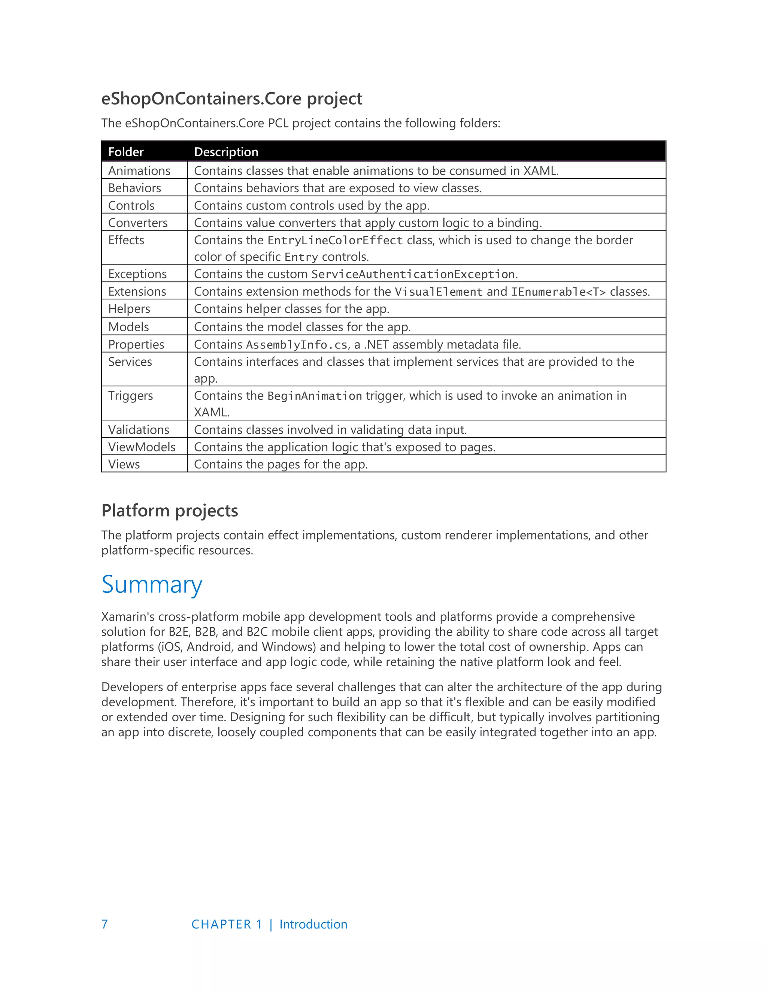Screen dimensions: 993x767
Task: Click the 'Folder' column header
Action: tap(126, 152)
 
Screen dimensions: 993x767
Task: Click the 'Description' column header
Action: tap(226, 152)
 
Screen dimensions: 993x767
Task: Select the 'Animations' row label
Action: tap(139, 170)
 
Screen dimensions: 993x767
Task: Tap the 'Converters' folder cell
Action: tap(138, 223)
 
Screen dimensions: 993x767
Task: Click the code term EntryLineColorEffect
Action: tap(335, 240)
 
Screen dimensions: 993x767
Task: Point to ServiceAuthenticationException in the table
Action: tap(413, 274)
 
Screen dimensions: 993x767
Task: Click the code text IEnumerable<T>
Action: tap(558, 292)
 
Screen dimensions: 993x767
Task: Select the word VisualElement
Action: tap(439, 292)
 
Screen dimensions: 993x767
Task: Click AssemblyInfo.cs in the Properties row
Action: tap(297, 345)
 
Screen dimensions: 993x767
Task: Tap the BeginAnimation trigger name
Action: tap(315, 396)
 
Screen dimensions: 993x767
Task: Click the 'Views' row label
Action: tap(124, 464)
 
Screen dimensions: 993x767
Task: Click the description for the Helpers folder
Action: tap(291, 309)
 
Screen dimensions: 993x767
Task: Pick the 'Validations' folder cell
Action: tap(139, 430)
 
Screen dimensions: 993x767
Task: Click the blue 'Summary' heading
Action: tap(152, 585)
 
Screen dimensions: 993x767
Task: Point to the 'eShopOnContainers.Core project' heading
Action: tap(231, 99)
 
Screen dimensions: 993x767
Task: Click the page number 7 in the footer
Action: tap(104, 924)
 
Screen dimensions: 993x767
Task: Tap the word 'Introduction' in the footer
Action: tap(313, 924)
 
